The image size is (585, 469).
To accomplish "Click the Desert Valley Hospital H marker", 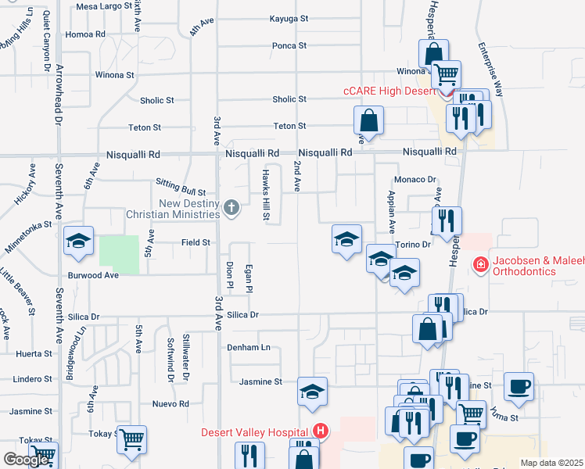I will (x=320, y=431).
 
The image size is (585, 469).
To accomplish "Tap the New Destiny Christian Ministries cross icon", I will (x=231, y=208).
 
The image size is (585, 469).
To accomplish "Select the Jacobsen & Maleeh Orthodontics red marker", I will (x=480, y=266).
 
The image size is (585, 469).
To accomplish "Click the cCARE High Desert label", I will (x=389, y=91).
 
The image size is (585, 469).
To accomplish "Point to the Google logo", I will (x=26, y=459).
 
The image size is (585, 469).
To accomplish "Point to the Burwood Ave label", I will (x=93, y=275).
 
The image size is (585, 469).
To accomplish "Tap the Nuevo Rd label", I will (x=170, y=404).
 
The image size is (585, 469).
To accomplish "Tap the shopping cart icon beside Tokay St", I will (x=132, y=439).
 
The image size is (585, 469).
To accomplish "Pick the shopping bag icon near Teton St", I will (x=368, y=120).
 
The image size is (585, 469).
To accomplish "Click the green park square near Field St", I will (x=120, y=254).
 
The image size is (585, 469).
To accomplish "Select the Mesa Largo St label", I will (x=104, y=6).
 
